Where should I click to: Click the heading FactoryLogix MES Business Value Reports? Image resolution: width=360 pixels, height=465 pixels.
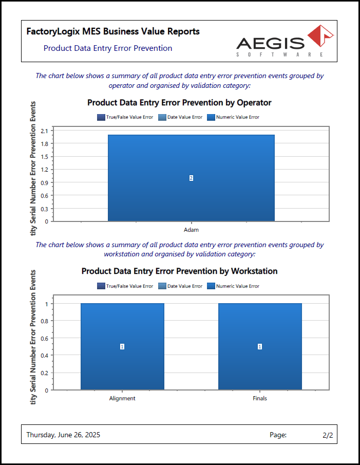click(113, 32)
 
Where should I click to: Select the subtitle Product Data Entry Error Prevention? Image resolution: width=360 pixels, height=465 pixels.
click(108, 48)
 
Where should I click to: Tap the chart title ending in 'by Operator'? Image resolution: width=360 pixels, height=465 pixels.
click(179, 103)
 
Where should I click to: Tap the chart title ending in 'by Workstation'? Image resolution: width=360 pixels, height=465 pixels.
click(179, 271)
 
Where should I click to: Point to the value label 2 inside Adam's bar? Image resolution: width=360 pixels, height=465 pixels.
click(191, 178)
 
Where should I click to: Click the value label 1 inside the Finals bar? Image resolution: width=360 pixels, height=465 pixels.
click(260, 347)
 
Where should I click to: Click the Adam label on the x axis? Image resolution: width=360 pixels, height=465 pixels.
click(191, 230)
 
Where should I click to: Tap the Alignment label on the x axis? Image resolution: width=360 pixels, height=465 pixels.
click(122, 398)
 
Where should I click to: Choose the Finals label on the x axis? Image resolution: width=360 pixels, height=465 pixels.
click(260, 398)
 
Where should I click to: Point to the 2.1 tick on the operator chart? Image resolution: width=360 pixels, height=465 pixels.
click(44, 131)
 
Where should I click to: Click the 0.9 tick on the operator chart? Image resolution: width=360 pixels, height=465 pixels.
click(44, 182)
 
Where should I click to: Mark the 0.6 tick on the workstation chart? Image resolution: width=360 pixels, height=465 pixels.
click(44, 338)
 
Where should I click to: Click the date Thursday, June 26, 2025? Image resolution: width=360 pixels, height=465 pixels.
click(63, 435)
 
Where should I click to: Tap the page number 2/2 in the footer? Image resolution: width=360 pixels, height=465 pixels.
click(328, 435)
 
